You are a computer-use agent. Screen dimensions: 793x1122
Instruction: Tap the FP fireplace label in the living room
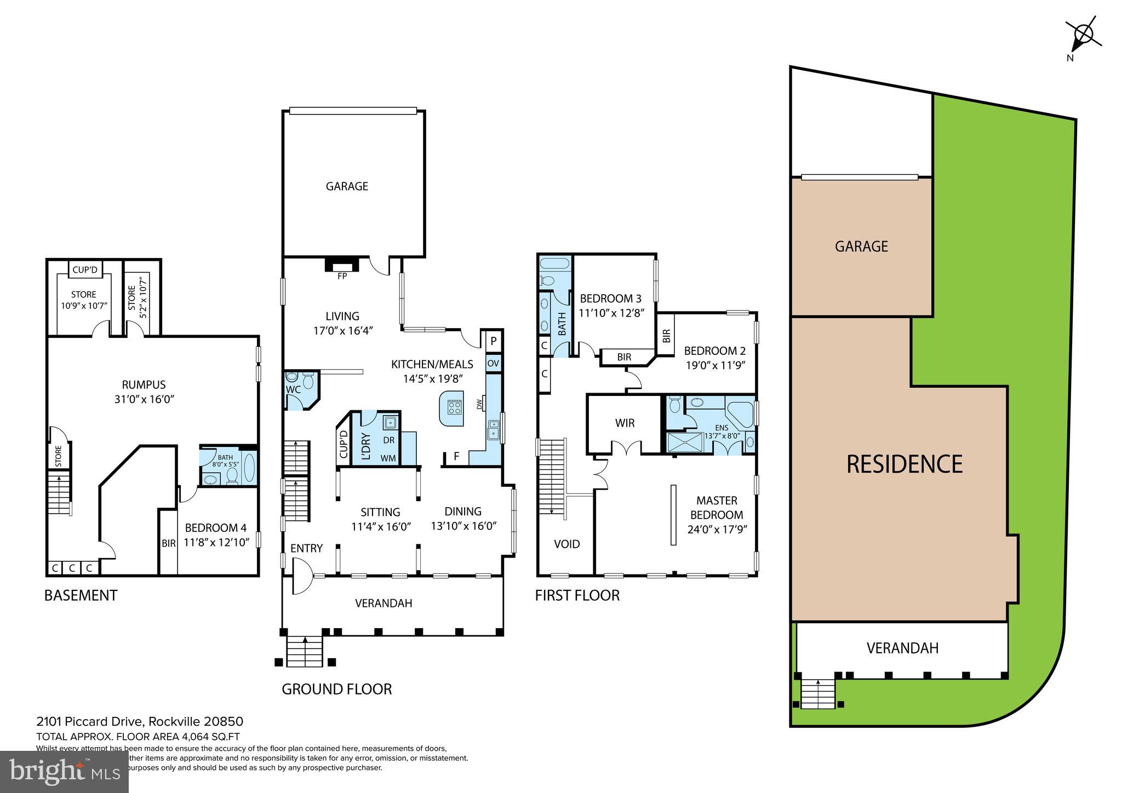342,276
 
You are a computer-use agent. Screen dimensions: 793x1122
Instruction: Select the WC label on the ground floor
294,389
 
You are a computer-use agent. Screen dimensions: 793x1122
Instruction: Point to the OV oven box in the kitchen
493,363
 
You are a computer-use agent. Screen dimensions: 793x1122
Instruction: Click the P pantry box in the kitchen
493,341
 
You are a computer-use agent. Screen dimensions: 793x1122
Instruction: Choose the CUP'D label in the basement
84,269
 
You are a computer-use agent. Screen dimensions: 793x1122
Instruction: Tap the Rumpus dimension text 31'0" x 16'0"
144,399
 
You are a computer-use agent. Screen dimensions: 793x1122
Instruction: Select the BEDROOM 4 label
215,528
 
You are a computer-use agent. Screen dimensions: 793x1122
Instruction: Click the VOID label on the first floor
566,544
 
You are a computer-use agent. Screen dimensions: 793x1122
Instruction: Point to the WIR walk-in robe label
625,423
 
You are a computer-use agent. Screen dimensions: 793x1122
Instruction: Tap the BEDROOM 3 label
610,298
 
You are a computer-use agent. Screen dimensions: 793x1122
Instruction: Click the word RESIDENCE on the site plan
904,464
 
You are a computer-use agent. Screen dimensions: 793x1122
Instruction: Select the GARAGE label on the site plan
861,246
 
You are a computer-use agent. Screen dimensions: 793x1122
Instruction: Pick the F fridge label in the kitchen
456,456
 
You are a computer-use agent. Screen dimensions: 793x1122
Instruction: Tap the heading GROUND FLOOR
336,689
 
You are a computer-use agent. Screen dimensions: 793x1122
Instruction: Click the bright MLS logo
65,771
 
